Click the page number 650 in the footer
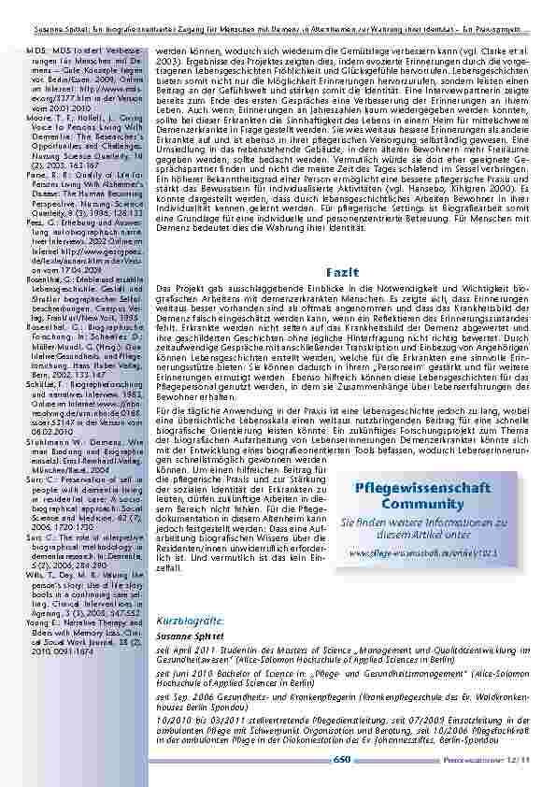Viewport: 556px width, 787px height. (x=340, y=759)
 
